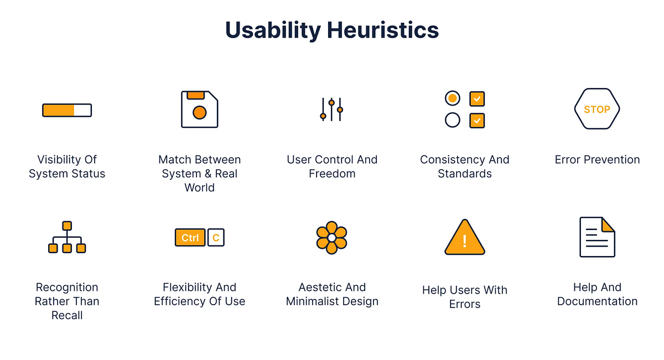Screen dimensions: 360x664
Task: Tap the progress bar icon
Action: [x=67, y=110]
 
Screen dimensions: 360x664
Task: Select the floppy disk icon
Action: [x=199, y=109]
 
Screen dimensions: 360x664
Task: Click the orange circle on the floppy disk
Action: [x=199, y=113]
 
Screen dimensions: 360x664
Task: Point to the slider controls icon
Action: [x=331, y=109]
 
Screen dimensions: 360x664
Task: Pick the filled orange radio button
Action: [x=453, y=98]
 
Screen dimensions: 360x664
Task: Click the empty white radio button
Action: [x=453, y=120]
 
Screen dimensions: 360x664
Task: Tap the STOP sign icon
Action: [x=597, y=109]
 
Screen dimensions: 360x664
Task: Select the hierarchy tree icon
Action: [x=67, y=237]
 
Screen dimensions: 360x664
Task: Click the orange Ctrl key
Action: [x=190, y=237]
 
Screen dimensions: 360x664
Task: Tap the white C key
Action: [x=216, y=237]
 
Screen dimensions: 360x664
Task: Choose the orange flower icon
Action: [x=331, y=237]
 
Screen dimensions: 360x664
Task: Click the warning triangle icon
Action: [x=465, y=238]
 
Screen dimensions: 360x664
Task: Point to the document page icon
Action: [x=597, y=237]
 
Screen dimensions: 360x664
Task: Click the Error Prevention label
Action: [x=597, y=160]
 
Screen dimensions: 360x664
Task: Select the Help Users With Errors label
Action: [x=465, y=297]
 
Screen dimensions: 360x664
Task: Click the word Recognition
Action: [x=67, y=288]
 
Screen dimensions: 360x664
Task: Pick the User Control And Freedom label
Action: [x=332, y=166]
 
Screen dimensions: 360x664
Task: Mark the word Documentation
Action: [x=597, y=301]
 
